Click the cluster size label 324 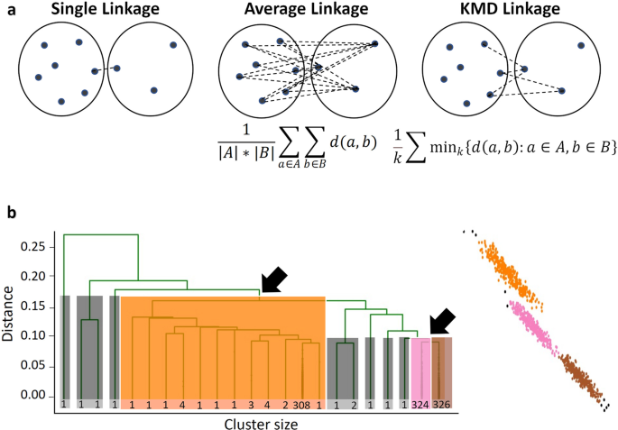coord(420,406)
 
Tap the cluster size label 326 coord(441,406)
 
